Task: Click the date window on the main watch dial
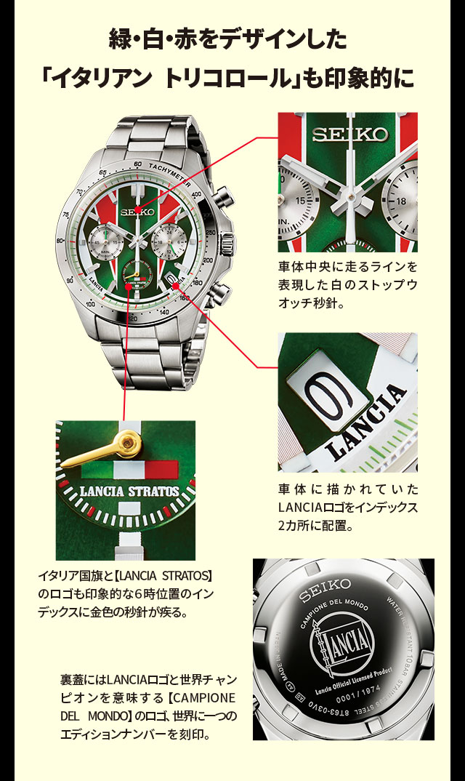pos(171,278)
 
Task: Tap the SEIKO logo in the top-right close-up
pos(350,135)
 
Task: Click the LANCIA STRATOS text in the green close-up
pos(128,491)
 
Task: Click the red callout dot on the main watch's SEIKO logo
pos(138,209)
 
